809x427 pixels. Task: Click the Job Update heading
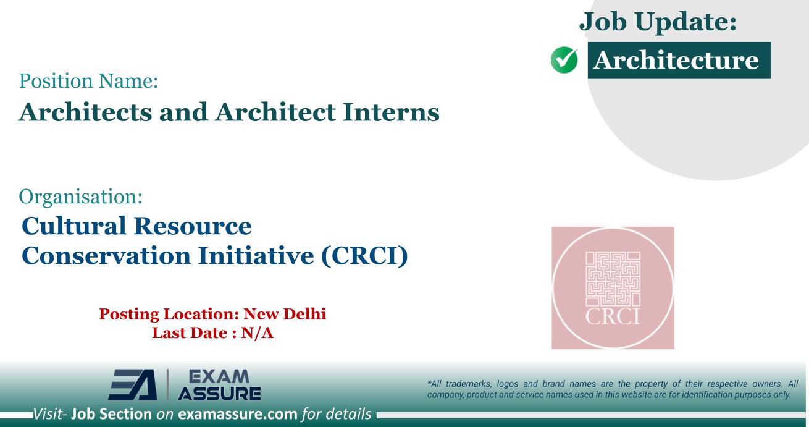[x=658, y=22]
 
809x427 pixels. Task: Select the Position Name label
[x=89, y=81]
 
